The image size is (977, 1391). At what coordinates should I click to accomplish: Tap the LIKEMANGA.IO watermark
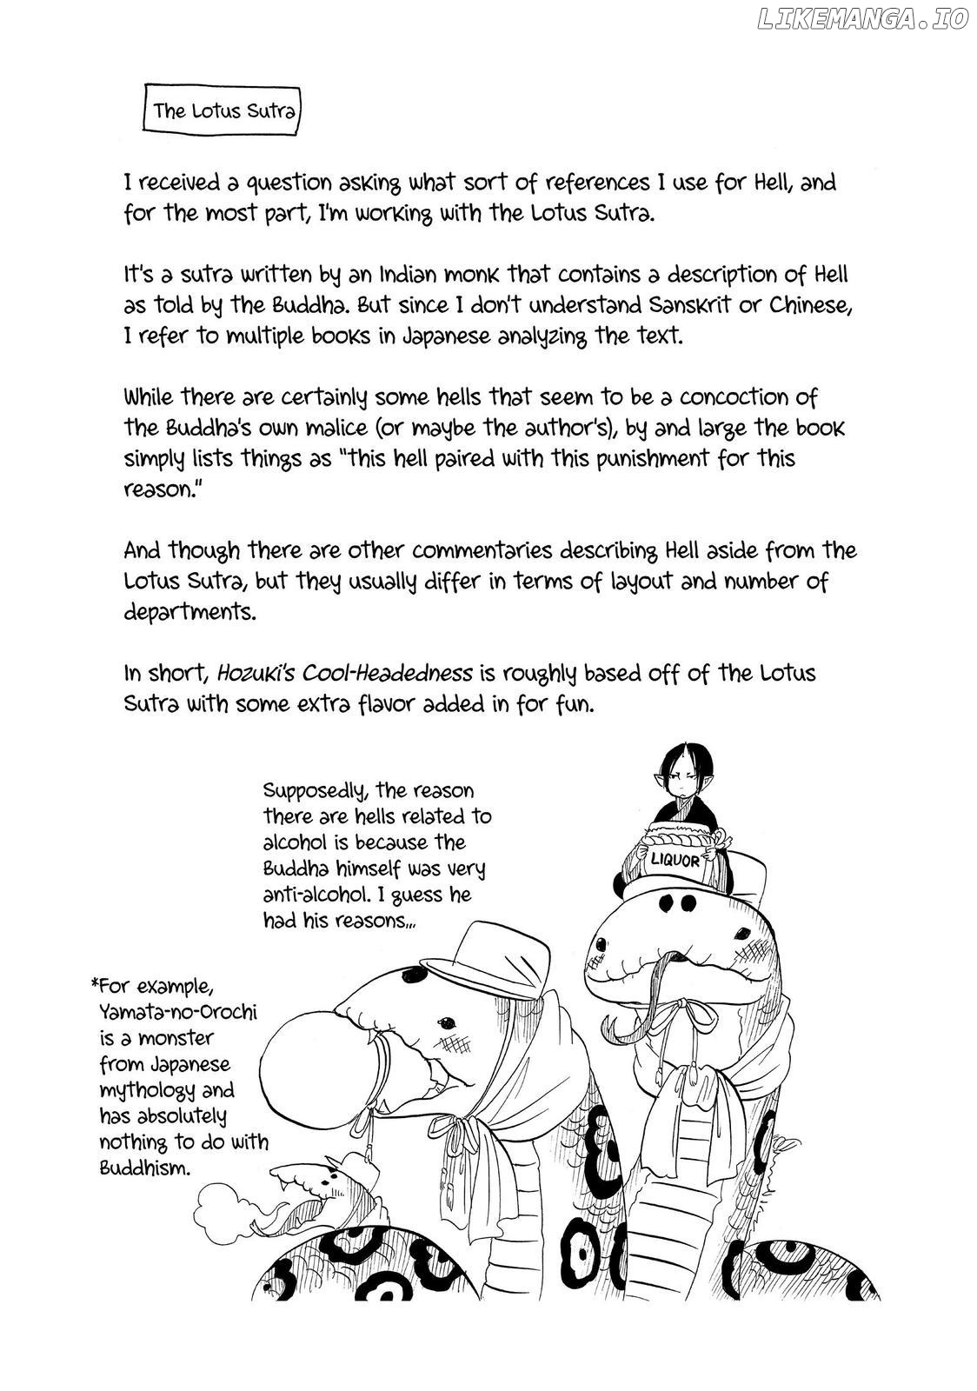[862, 19]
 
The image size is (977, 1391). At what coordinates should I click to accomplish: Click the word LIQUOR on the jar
[675, 861]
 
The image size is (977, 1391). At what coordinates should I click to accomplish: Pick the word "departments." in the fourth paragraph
[190, 611]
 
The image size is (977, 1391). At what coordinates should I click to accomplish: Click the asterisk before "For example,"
[94, 985]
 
